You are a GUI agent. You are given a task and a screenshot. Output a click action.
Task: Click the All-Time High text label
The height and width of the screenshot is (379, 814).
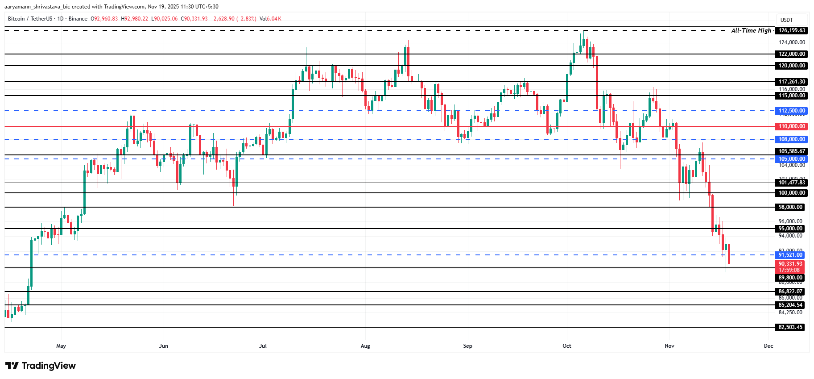click(751, 30)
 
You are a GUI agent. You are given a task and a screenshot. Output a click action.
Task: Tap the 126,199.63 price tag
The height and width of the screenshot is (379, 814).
click(792, 30)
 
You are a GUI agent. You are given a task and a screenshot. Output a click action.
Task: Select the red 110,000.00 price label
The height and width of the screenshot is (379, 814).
click(792, 126)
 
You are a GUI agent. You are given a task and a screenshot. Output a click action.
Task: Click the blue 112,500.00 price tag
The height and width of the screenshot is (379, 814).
click(792, 111)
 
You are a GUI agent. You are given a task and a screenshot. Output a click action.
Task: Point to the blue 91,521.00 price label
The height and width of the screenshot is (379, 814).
click(790, 255)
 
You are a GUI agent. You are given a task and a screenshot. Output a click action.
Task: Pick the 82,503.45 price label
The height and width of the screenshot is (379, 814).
click(790, 327)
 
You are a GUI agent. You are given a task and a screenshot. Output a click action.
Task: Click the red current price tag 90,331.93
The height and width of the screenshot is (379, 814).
click(790, 264)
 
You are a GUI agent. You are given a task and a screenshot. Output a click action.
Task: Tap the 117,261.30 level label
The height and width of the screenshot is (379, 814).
click(792, 82)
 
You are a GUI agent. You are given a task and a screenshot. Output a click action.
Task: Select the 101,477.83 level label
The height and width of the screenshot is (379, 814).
click(792, 183)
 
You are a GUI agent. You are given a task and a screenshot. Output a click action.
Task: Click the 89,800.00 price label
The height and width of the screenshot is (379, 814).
click(790, 278)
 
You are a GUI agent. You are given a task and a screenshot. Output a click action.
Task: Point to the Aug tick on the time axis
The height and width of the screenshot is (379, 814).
click(365, 346)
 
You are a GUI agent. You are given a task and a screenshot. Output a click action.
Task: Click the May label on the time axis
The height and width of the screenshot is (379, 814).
click(61, 346)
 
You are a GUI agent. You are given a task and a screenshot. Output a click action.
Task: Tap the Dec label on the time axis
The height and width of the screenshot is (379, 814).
click(768, 346)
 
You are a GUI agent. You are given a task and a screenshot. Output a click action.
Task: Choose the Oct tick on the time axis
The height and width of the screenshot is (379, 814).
click(566, 346)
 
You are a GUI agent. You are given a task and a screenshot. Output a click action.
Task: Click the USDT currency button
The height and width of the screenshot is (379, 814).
click(787, 20)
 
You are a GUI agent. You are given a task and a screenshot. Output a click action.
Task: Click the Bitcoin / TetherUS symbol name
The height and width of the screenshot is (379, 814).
click(30, 19)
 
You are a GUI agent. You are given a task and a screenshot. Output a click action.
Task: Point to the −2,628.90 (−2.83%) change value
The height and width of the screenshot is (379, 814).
click(233, 19)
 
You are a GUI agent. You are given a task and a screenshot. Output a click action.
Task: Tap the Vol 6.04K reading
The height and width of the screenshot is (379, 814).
click(270, 19)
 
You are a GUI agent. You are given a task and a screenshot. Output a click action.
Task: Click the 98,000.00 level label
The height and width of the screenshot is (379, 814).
click(790, 207)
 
